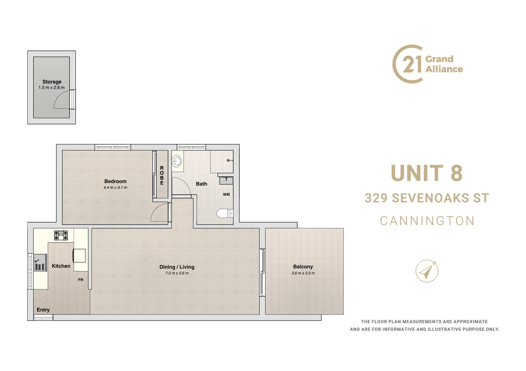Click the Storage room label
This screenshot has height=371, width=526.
[x=52, y=82]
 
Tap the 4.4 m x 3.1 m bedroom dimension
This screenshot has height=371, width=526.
[x=115, y=188]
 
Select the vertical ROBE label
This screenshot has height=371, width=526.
[x=162, y=176]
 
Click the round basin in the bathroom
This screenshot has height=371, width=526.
[x=177, y=161]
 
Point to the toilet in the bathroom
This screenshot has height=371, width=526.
[x=224, y=213]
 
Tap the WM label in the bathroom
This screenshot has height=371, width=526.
[x=226, y=194]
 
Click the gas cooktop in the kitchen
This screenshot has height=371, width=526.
[x=61, y=235]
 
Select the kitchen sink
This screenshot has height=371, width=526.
[x=40, y=263]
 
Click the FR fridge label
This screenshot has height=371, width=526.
[x=81, y=280]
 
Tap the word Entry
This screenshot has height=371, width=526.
[x=43, y=310]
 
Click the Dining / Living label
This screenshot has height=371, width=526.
[x=177, y=267]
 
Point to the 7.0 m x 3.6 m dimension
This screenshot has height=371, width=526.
[x=177, y=273]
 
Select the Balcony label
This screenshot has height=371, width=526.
[x=303, y=267]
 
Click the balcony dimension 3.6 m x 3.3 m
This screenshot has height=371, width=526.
[x=303, y=273]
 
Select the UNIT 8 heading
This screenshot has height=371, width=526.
[x=427, y=173]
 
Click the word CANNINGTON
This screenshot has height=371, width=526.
[x=427, y=221]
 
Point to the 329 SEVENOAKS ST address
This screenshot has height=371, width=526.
[x=427, y=198]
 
